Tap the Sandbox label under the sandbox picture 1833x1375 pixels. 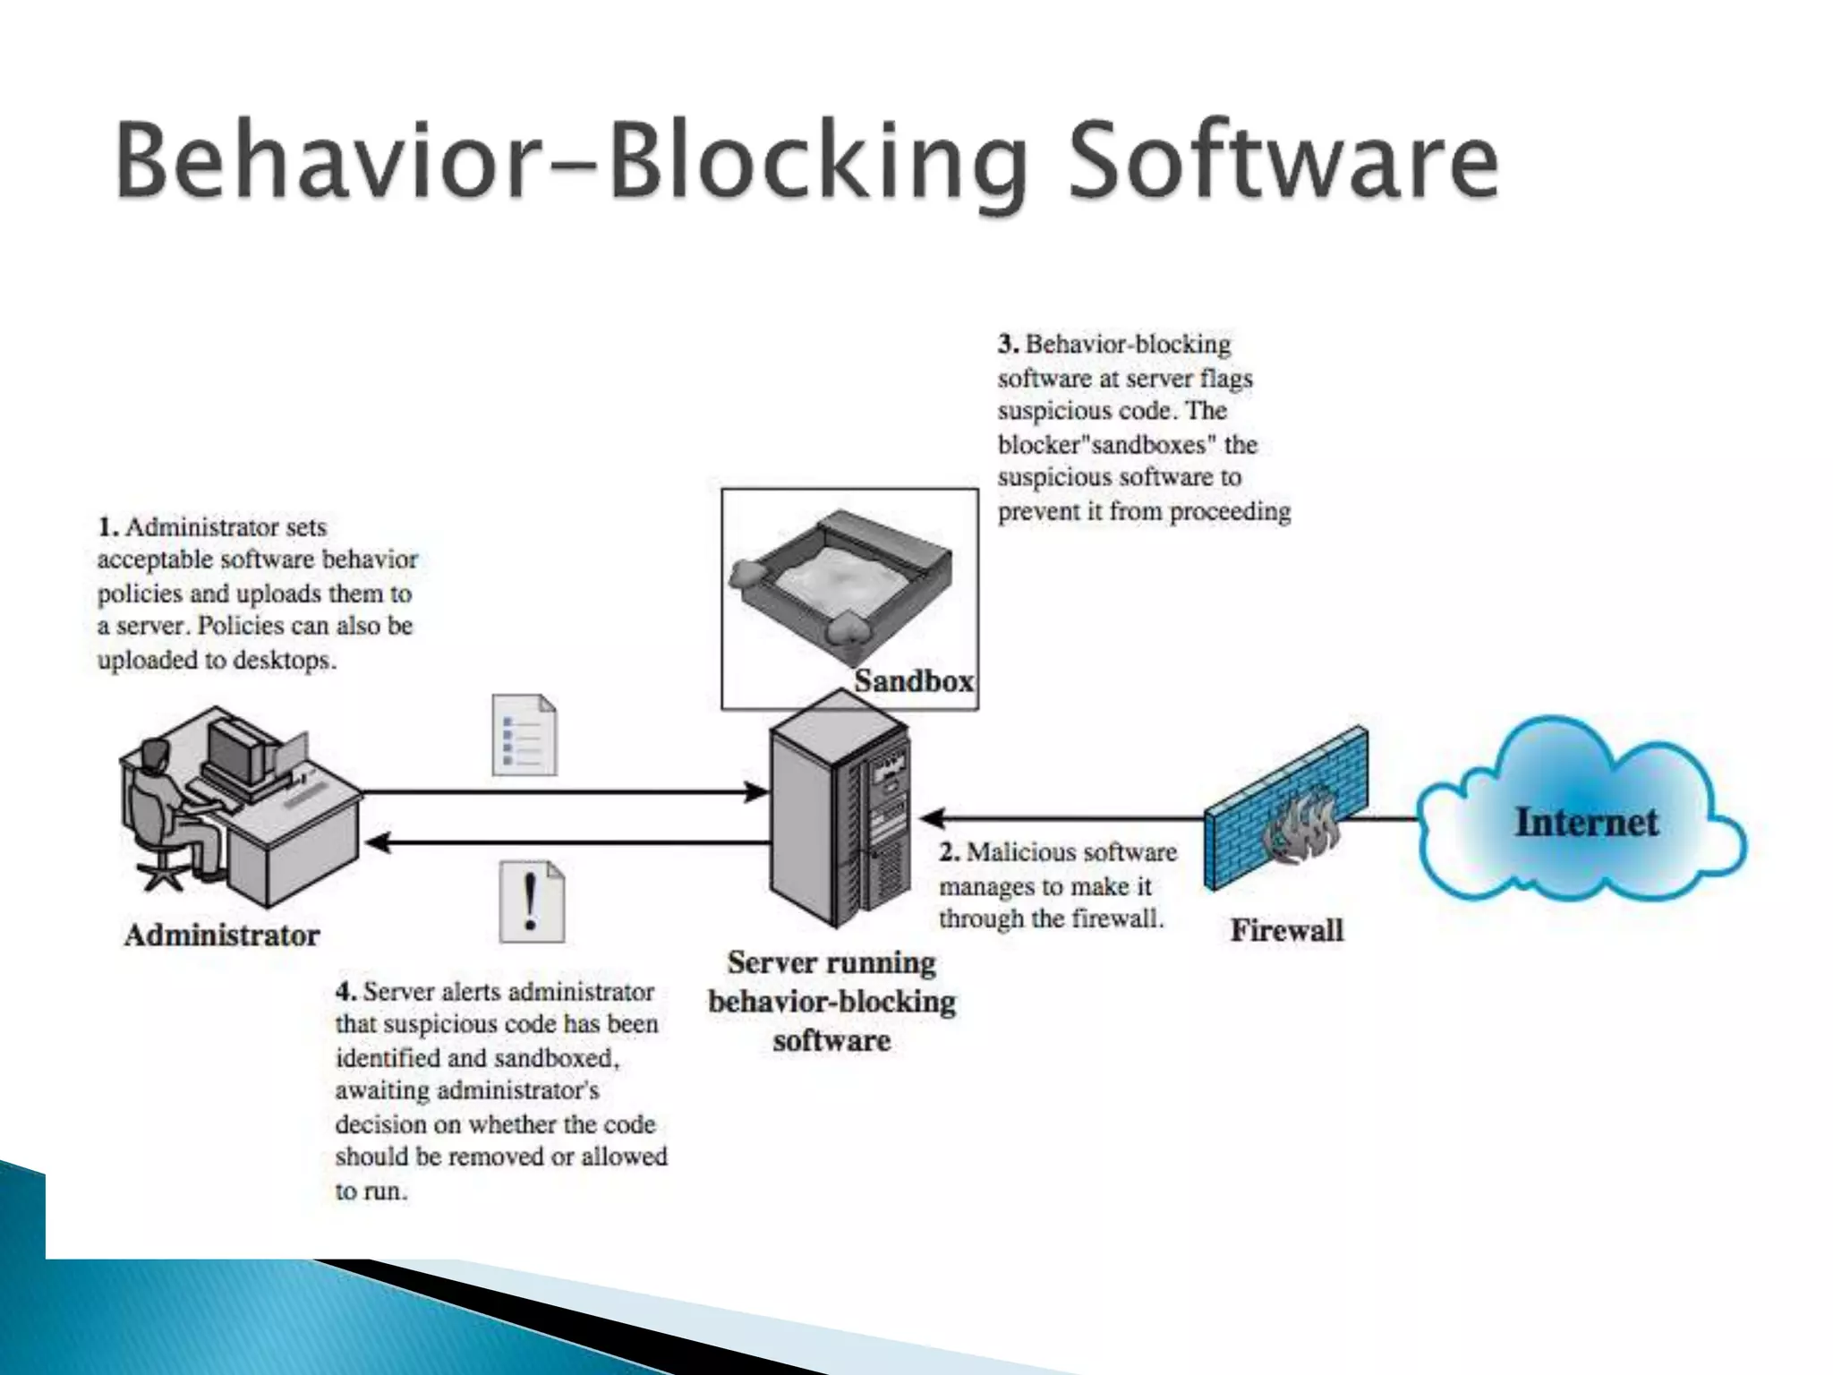pyautogui.click(x=913, y=681)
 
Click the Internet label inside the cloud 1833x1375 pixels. pyautogui.click(x=1586, y=822)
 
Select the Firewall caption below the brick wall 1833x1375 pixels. pyautogui.click(x=1286, y=930)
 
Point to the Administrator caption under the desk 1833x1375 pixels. pyautogui.click(x=222, y=935)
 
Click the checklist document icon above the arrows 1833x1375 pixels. pyautogui.click(x=524, y=735)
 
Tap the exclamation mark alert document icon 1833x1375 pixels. pyautogui.click(x=532, y=901)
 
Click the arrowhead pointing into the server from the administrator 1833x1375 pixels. pyautogui.click(x=757, y=791)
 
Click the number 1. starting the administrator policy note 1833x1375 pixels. pyautogui.click(x=107, y=527)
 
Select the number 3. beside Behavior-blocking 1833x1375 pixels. pyautogui.click(x=1009, y=345)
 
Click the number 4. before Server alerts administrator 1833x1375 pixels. pyautogui.click(x=345, y=992)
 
